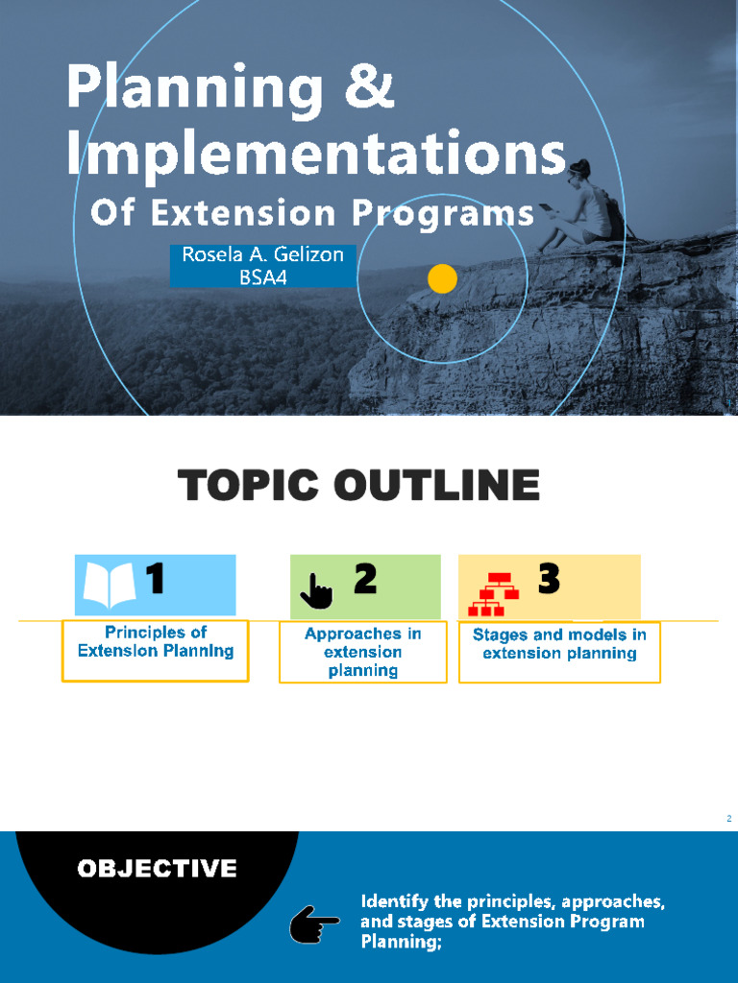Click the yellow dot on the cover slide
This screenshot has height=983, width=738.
click(442, 279)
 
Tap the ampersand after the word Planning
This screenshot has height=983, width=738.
click(365, 89)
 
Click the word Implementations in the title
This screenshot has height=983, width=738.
click(315, 154)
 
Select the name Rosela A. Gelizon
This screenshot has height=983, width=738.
click(262, 255)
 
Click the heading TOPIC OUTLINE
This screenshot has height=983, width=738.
click(358, 486)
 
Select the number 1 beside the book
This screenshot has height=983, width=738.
click(154, 579)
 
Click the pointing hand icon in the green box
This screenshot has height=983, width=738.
click(316, 591)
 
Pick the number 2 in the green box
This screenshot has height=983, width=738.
click(365, 579)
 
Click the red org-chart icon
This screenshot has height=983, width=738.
click(493, 593)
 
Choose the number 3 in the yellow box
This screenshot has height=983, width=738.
click(548, 579)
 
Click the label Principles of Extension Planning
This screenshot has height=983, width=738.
click(156, 641)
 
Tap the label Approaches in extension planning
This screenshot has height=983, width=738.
click(362, 652)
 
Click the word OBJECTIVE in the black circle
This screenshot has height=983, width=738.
click(157, 869)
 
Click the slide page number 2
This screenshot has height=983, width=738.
click(729, 818)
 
